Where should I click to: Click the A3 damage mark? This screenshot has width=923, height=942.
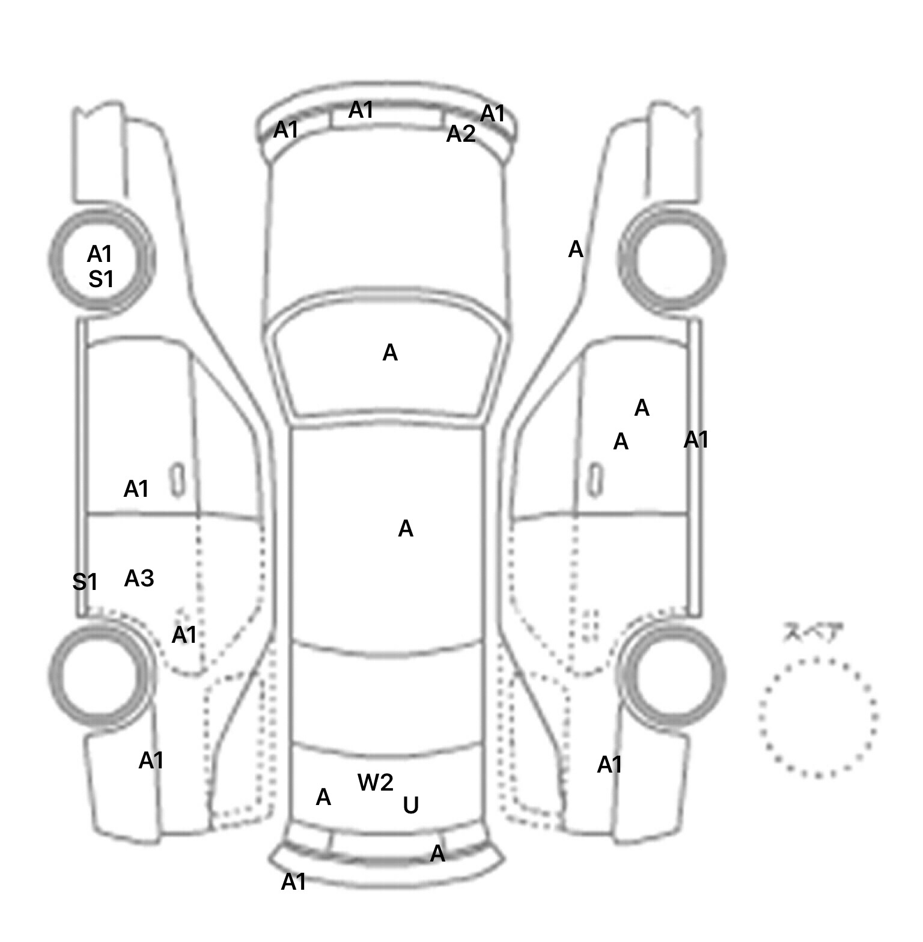coord(139,579)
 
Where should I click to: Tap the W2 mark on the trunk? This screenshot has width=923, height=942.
coord(375,782)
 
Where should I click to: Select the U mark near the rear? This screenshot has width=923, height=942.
coord(410,805)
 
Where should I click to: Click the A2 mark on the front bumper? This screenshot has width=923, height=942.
coord(460,134)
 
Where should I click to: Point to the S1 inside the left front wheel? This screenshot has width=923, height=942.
coord(101,279)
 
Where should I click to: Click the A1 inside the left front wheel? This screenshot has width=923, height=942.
coord(100,254)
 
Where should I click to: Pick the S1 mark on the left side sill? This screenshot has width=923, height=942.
coord(85,582)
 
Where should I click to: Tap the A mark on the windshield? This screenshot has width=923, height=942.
coord(390,353)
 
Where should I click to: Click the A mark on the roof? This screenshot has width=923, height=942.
coord(406,529)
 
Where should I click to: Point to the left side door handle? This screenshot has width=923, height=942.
coord(177,480)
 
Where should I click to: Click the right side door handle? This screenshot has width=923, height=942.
coord(596,480)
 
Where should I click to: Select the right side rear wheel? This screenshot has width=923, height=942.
coord(674,673)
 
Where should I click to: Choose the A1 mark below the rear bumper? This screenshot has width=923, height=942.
coord(294,882)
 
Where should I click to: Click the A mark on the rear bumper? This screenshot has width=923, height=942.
coord(437,853)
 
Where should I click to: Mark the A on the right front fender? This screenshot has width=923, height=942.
coord(576,249)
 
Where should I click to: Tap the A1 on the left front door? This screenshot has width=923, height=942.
coord(136,489)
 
